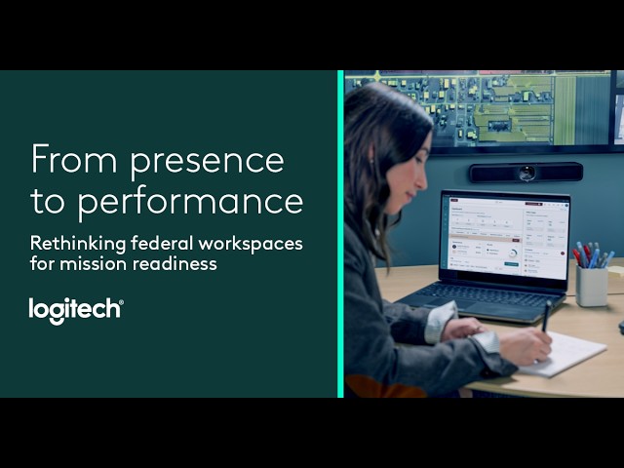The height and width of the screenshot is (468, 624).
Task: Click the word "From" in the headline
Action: tap(74, 158)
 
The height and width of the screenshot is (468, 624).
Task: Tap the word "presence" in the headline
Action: tap(207, 163)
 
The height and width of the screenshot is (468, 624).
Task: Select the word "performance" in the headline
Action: tap(190, 202)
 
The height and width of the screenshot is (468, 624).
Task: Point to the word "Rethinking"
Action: tap(78, 244)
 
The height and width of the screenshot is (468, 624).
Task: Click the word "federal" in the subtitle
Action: tap(162, 243)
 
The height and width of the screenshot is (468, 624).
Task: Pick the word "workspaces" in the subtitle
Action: tap(251, 245)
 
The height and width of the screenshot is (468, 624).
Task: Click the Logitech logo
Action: tap(76, 311)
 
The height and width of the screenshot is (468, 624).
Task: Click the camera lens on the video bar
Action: tap(526, 173)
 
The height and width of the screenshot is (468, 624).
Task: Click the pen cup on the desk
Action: tap(592, 285)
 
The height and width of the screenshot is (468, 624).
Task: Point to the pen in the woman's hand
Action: tap(546, 316)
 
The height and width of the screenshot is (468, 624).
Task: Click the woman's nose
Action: tap(424, 179)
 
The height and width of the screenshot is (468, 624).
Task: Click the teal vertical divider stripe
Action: tap(340, 234)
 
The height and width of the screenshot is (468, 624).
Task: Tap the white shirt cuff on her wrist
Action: tap(487, 341)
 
